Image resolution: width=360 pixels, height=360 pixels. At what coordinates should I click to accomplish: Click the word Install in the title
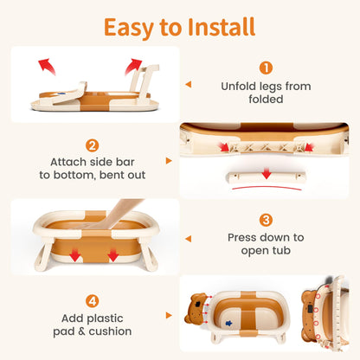pos(222,27)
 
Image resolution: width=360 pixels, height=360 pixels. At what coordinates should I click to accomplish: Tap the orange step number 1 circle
pos(266,68)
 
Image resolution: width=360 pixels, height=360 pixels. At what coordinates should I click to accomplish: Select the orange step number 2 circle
pos(93,145)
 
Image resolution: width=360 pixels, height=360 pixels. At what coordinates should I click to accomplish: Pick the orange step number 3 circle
pos(266,220)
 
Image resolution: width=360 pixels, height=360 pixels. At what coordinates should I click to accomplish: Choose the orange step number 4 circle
pos(93,301)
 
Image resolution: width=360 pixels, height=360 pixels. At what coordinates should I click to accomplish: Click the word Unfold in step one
pos(238,87)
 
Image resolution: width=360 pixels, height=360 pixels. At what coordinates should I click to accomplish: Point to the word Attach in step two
pos(68,162)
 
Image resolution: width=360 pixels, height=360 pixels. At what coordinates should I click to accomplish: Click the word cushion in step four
pos(110,331)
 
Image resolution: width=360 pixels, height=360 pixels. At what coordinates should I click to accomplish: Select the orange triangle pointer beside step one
pos(189,84)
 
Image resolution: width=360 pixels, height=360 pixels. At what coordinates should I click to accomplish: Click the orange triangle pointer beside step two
pos(169,161)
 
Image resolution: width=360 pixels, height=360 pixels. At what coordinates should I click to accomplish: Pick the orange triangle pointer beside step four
pos(169,315)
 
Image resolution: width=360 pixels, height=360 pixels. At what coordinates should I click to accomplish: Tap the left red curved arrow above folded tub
pos(46,66)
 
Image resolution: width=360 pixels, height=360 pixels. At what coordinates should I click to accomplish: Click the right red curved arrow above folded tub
pos(133,67)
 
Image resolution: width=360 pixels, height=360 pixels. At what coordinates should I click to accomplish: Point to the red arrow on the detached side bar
pos(267,173)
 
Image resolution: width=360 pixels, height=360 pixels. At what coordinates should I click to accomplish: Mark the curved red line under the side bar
pos(267,187)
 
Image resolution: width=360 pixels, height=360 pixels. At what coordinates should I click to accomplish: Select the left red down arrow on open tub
pos(75,255)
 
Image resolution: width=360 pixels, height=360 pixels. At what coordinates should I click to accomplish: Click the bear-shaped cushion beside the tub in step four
pos(196,308)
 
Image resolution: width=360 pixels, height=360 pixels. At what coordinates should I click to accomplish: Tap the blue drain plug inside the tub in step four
pos(228,323)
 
